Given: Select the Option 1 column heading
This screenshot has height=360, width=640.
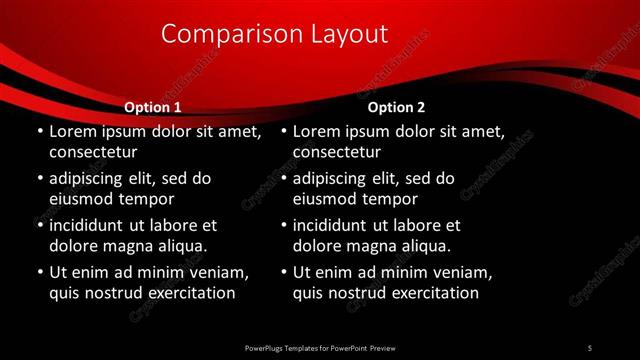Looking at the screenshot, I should pyautogui.click(x=152, y=107).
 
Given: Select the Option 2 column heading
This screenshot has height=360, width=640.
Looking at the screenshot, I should pyautogui.click(x=396, y=107).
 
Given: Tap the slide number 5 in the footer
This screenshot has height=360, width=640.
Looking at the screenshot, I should pyautogui.click(x=590, y=347).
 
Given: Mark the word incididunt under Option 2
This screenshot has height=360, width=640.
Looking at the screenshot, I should pyautogui.click(x=334, y=225).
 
